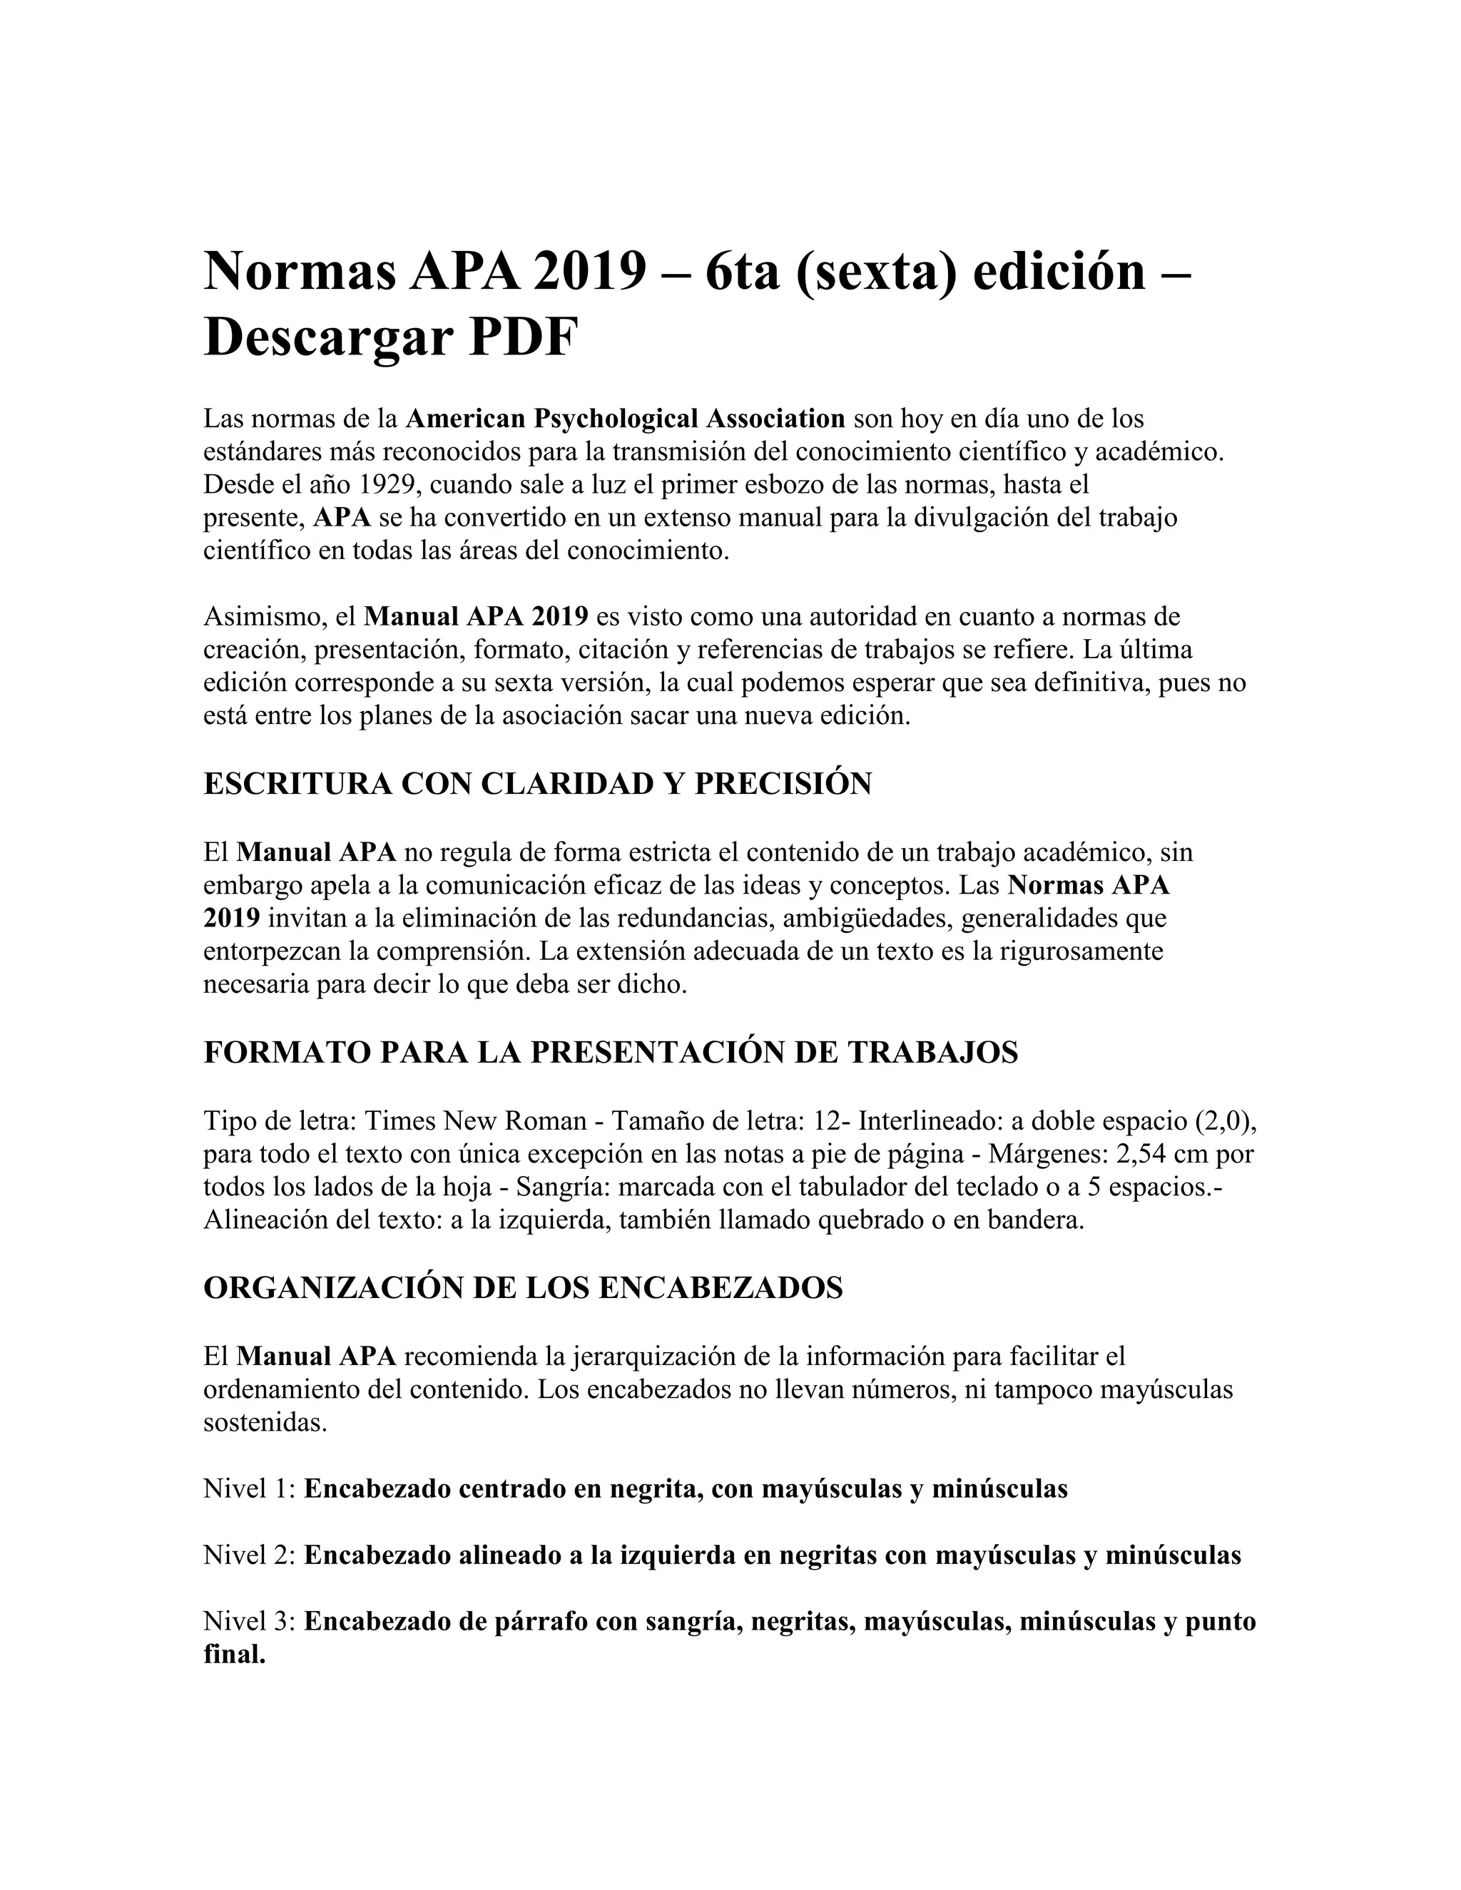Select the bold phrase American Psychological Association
(x=625, y=419)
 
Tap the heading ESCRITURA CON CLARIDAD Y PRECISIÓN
(x=537, y=783)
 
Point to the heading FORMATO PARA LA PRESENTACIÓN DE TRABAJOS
(x=610, y=1052)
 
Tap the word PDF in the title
(x=522, y=337)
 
